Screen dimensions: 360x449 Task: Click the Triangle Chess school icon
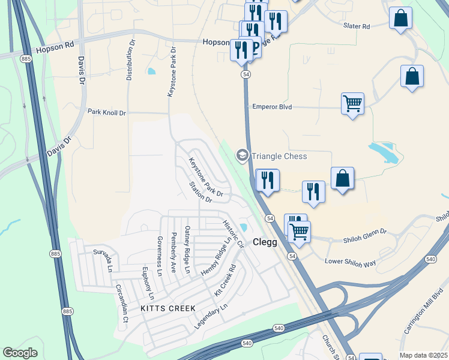242,156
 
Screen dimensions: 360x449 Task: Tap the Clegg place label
265,242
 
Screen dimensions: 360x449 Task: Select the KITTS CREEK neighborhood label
168,308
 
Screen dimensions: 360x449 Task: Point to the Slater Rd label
357,26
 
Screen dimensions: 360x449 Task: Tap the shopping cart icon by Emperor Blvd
352,103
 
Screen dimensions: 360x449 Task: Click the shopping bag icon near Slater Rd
400,18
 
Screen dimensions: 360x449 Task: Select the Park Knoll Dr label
107,112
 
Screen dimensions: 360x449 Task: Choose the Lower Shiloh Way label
350,262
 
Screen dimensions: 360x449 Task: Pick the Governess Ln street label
160,256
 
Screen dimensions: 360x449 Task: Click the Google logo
20,353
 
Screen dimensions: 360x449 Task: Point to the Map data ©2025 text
423,355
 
